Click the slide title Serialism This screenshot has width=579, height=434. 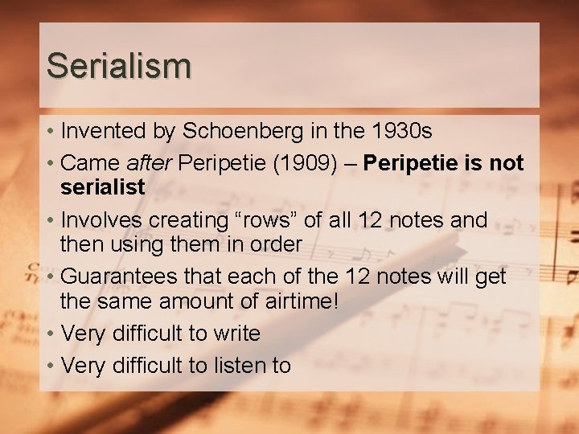pos(118,65)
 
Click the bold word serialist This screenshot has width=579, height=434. pos(103,187)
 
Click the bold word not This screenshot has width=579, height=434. pos(506,163)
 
